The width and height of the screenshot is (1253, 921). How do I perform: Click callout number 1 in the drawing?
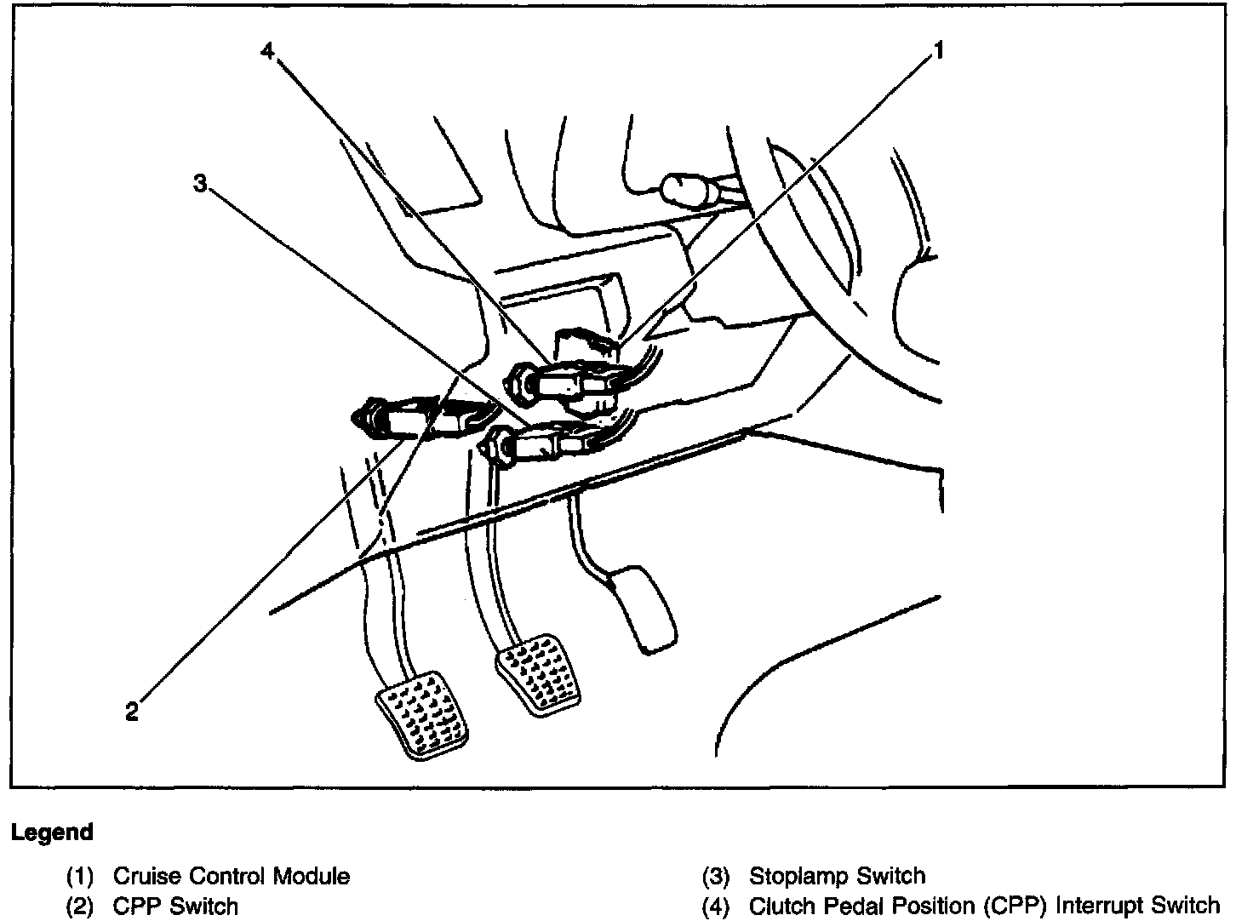click(x=939, y=51)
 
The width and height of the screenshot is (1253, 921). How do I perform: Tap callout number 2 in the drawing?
click(x=132, y=712)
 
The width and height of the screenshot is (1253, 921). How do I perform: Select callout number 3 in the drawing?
click(x=200, y=183)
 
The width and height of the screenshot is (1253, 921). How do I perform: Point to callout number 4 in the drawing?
click(x=267, y=51)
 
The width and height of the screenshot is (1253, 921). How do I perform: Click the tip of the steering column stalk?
click(x=681, y=188)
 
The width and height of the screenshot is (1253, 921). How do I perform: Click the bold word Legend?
click(x=52, y=832)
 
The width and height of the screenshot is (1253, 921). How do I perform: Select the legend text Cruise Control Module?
click(x=231, y=876)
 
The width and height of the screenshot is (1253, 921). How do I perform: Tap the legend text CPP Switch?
click(x=175, y=906)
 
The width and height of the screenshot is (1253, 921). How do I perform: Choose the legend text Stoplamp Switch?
click(x=837, y=876)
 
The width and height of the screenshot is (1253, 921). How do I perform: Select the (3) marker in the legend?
click(x=716, y=876)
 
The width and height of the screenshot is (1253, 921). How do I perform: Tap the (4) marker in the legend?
click(x=716, y=906)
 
